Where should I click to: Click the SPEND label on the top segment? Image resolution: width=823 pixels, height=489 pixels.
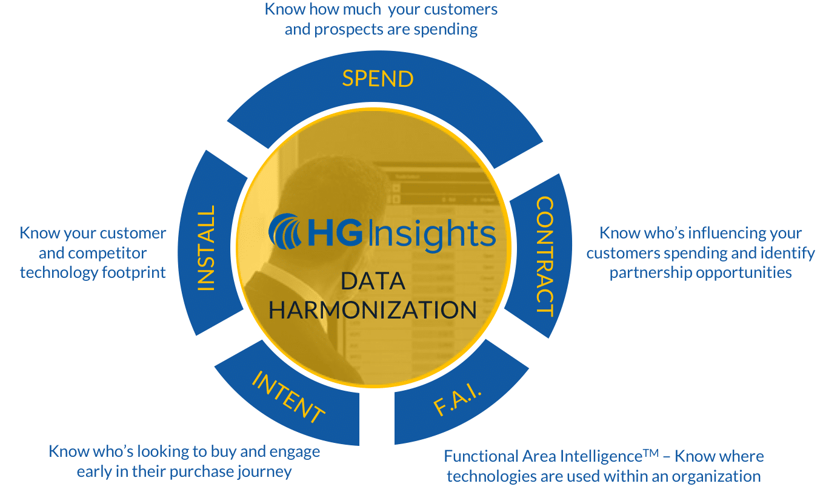[378, 79]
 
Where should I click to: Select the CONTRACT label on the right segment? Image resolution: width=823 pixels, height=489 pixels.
[544, 256]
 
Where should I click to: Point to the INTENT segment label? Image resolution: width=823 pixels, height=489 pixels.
[288, 398]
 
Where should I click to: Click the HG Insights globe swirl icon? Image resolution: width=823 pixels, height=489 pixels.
[286, 233]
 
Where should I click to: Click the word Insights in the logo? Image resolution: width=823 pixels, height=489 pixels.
[431, 235]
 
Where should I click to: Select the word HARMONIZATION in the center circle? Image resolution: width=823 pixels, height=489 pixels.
[373, 310]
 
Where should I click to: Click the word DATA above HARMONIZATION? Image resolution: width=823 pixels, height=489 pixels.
[373, 281]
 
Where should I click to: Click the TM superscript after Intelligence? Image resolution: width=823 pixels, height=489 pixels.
[651, 453]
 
